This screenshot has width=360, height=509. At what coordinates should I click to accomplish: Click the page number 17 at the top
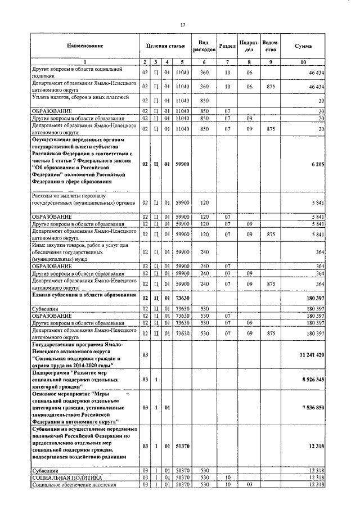183,25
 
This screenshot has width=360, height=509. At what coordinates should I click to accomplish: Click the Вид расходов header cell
204,46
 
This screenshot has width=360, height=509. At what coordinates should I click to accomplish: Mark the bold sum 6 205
318,164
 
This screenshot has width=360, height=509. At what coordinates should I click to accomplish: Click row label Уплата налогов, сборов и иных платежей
80,98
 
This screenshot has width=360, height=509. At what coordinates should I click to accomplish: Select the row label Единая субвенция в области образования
84,295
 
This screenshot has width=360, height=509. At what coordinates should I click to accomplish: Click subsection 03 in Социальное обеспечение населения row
249,485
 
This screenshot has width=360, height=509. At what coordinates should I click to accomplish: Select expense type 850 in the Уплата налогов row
204,101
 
